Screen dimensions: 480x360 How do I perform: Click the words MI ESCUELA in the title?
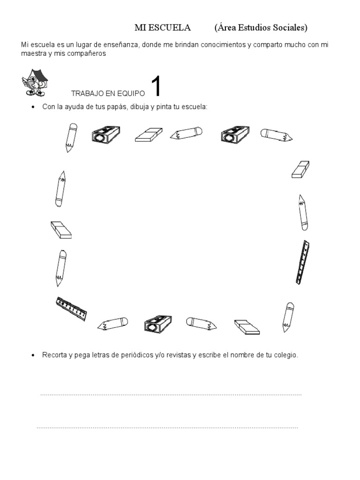[163, 28]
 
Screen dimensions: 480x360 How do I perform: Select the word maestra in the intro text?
[33, 53]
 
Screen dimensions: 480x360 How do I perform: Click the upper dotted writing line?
[171, 395]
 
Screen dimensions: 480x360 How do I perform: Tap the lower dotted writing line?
[167, 428]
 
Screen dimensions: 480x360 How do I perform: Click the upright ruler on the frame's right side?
[302, 262]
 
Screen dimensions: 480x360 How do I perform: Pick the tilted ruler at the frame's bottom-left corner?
[72, 308]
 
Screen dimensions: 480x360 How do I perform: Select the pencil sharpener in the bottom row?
[158, 324]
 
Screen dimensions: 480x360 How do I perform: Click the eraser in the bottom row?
[246, 327]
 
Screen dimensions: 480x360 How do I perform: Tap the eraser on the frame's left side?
[61, 230]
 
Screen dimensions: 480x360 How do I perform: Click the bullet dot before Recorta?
[32, 356]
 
